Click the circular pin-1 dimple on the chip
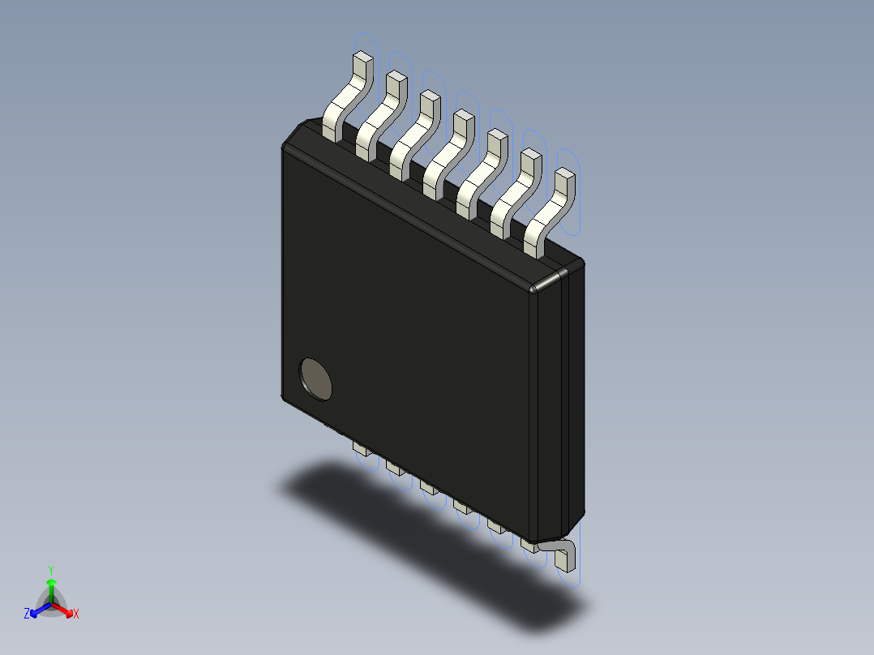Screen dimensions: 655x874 coord(316,379)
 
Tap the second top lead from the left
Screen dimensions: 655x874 coord(379,113)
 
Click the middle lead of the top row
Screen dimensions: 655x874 coord(447,152)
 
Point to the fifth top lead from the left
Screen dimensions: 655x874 coord(481,171)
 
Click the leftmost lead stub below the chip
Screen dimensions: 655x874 coord(362,448)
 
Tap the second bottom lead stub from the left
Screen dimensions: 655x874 coord(396,468)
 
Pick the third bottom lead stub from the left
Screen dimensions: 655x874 coord(429,486)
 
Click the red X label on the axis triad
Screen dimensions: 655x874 coord(76,614)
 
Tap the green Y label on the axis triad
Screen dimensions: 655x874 coord(51,569)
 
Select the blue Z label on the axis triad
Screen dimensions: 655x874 coord(27,614)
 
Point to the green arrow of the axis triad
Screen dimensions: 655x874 coord(51,589)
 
